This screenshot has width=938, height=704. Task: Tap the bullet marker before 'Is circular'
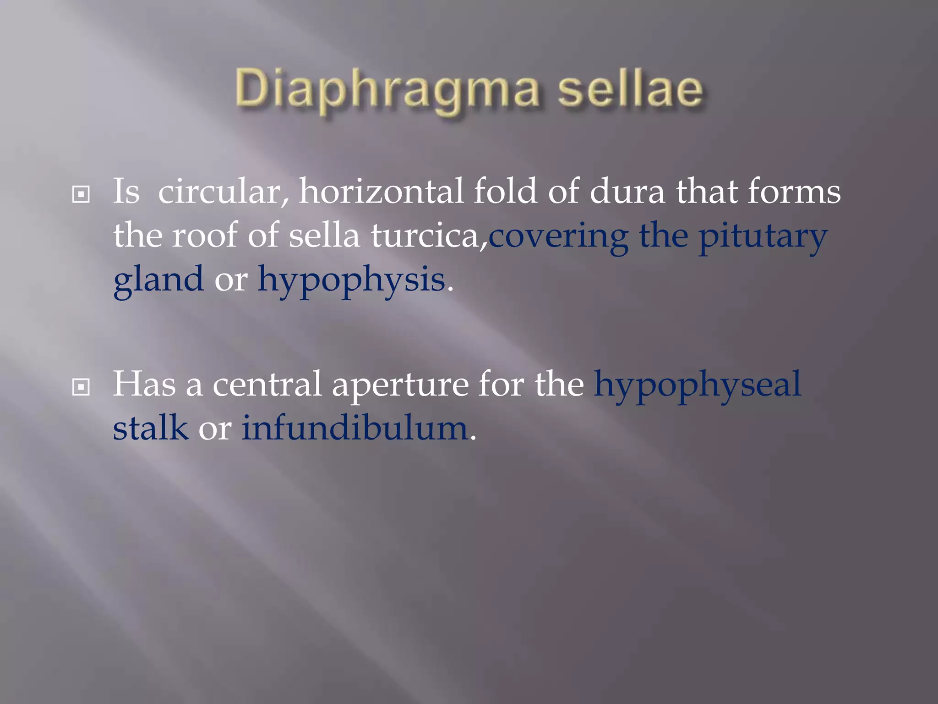tap(81, 195)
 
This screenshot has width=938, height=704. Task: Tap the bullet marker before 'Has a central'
tap(81, 388)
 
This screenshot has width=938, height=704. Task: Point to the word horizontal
tap(381, 192)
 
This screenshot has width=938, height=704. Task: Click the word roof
tap(205, 236)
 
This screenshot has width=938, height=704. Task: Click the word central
tap(267, 384)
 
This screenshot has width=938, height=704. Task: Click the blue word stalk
tap(151, 428)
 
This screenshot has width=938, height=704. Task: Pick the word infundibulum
tap(354, 428)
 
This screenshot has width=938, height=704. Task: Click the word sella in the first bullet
tap(324, 236)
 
